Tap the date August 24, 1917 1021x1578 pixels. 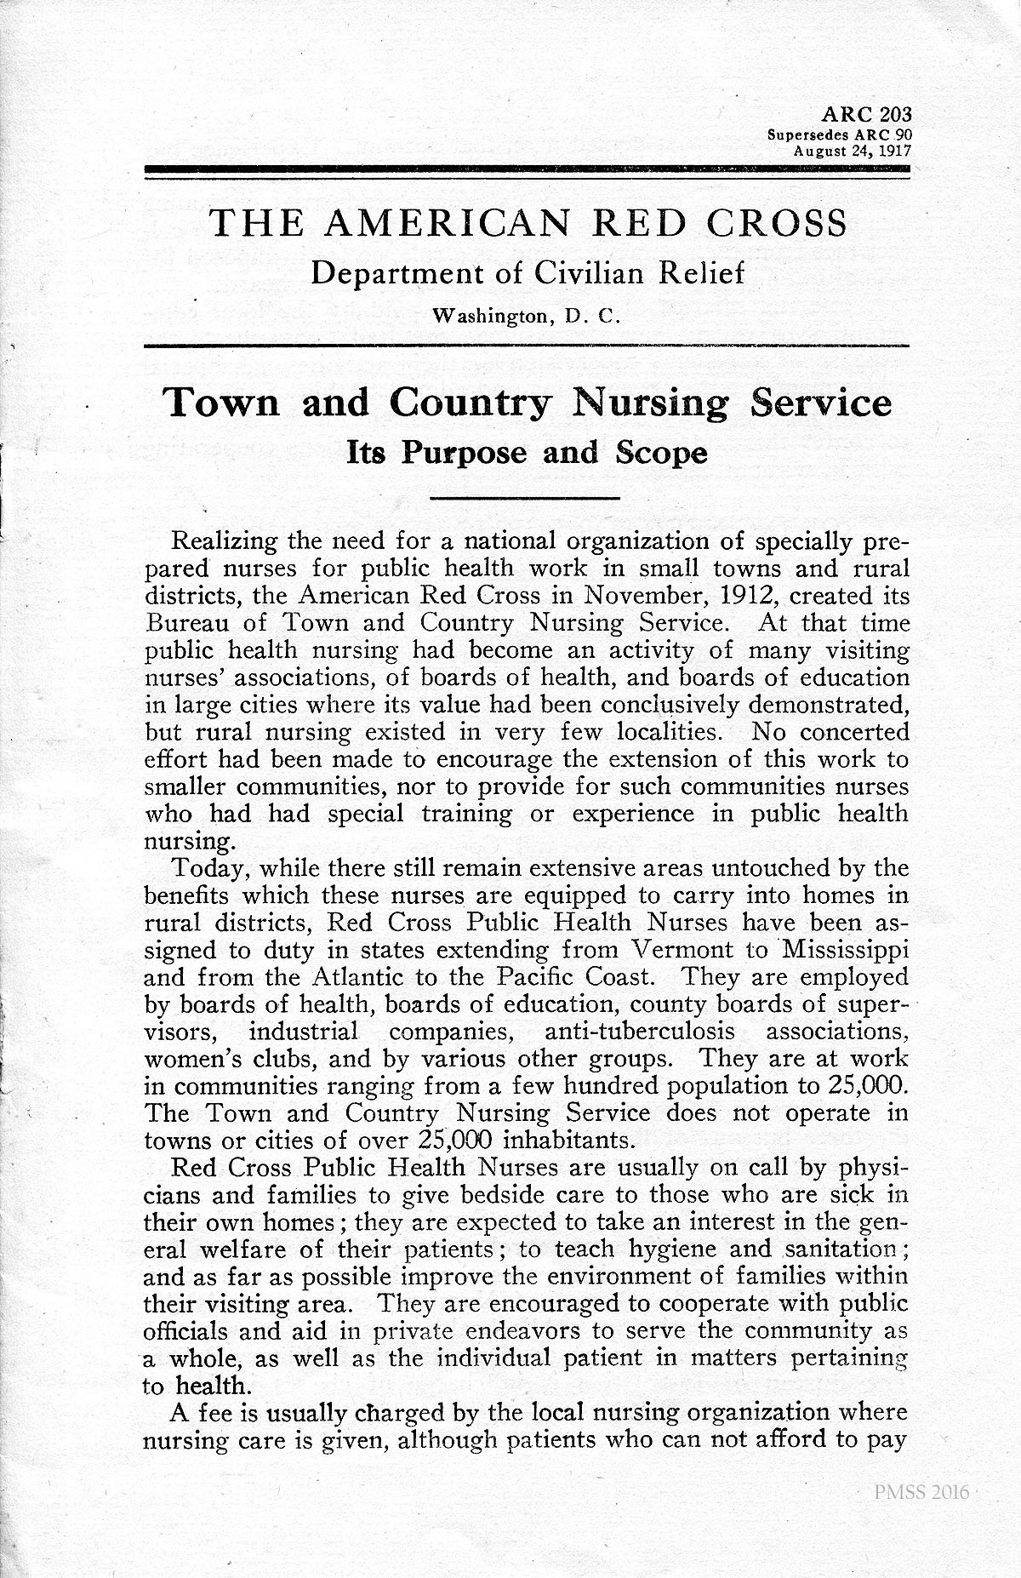852,150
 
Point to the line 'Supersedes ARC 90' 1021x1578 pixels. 839,134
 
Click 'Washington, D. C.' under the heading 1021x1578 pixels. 528,317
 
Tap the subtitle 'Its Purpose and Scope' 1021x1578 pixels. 527,453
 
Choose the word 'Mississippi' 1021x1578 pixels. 845,950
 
